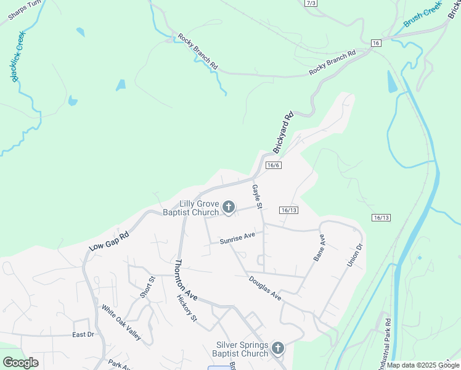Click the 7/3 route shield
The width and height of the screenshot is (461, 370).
click(x=311, y=3)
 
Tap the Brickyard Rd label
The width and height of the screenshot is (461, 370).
click(x=283, y=132)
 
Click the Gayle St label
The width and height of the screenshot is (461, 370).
click(x=258, y=196)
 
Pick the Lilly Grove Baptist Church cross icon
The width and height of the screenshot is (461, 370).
click(x=229, y=207)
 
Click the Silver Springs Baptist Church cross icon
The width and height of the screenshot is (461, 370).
click(x=277, y=349)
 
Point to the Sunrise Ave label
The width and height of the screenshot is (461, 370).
click(x=237, y=239)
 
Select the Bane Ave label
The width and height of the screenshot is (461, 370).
click(x=319, y=248)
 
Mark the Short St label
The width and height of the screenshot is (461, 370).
click(x=146, y=287)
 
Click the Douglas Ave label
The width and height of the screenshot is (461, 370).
click(x=265, y=288)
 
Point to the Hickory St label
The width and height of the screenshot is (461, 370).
click(x=186, y=308)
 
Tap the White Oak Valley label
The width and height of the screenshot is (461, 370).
click(x=121, y=323)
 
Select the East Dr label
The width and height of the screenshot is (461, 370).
click(x=83, y=334)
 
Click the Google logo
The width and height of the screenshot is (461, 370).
click(x=20, y=363)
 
